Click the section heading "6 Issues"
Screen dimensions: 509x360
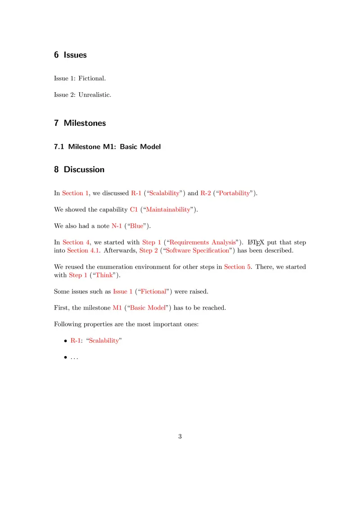click(70, 55)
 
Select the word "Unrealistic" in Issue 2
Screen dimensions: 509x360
click(94, 95)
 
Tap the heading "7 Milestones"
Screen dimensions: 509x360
click(80, 123)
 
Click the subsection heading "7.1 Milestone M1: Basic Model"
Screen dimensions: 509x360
click(107, 147)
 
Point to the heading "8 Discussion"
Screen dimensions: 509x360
click(79, 170)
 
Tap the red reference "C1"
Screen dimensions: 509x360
click(134, 210)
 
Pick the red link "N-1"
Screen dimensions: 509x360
click(117, 226)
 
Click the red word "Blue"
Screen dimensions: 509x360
click(137, 226)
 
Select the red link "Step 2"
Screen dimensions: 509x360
click(148, 250)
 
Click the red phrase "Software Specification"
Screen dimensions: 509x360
click(198, 250)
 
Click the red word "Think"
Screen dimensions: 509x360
click(104, 275)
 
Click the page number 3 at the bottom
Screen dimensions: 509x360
click(180, 436)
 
